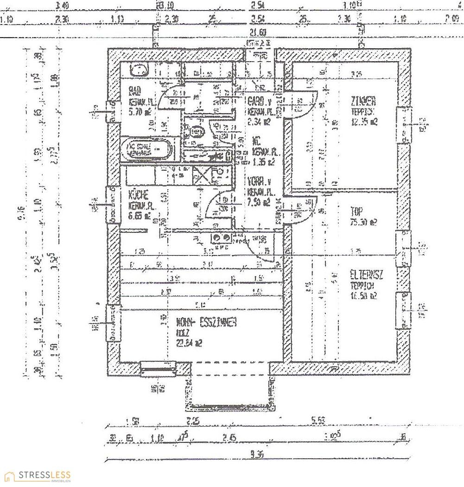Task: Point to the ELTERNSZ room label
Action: [x=366, y=275]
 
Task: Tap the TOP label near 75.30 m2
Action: [x=357, y=211]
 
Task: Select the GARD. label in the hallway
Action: [x=256, y=101]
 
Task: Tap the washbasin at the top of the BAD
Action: [x=139, y=70]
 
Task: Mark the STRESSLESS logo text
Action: [x=44, y=475]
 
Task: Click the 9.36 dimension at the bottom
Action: [x=256, y=455]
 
